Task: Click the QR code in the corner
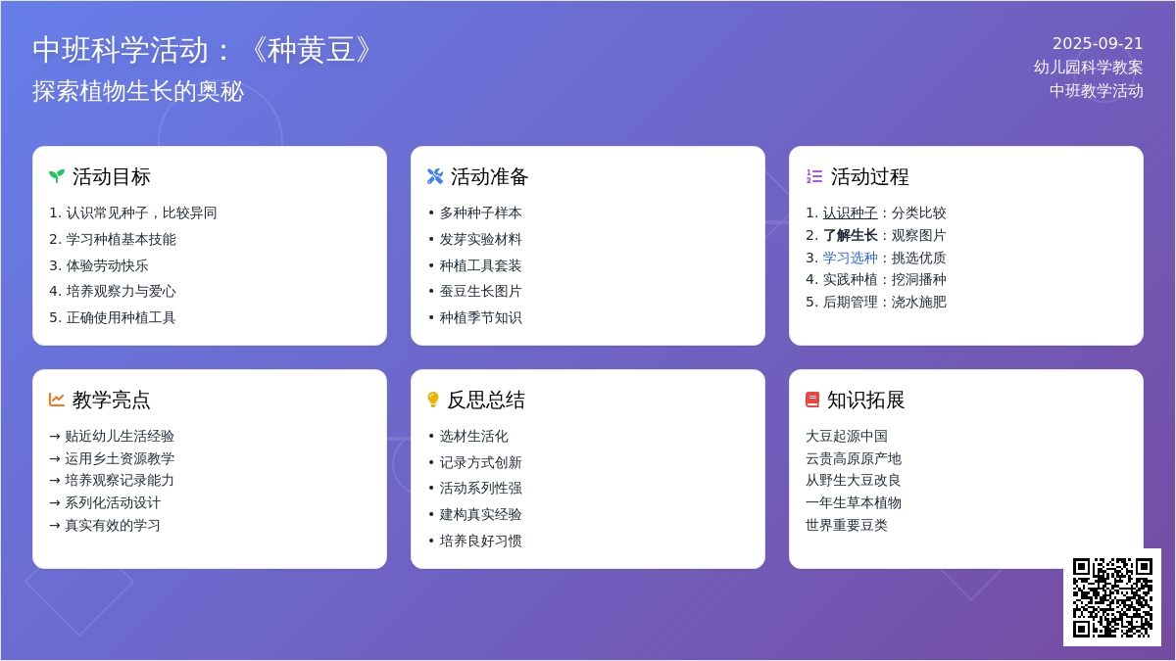(x=1112, y=597)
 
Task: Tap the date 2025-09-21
(x=1098, y=44)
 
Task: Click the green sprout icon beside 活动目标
(x=57, y=176)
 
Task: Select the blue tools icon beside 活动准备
(x=435, y=176)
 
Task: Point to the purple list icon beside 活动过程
(x=814, y=176)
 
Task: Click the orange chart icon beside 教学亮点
(x=57, y=400)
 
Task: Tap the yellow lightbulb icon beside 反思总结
(x=433, y=400)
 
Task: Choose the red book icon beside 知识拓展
(x=812, y=400)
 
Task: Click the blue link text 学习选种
(x=850, y=258)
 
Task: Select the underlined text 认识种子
(x=850, y=212)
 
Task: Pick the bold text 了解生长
(x=850, y=235)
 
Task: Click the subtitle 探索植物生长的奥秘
(x=138, y=91)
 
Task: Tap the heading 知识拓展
(x=865, y=400)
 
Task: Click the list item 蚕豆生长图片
(x=480, y=291)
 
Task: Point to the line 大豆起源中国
(x=847, y=436)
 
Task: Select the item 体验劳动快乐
(x=107, y=265)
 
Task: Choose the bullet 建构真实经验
(x=480, y=514)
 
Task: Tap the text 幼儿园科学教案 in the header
(x=1088, y=68)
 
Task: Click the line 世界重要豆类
(x=847, y=525)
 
